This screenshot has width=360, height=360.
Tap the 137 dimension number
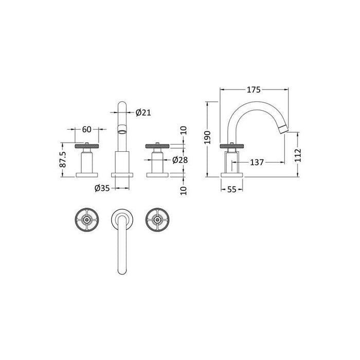point(257,163)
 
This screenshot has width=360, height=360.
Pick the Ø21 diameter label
point(143,113)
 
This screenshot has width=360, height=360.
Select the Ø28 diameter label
point(179,160)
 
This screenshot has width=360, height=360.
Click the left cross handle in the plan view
point(86,220)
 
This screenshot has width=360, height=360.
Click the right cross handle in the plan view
point(157,220)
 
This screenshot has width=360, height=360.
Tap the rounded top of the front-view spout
point(122,105)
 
